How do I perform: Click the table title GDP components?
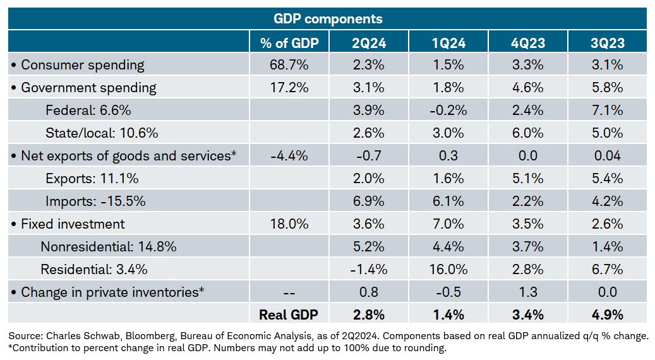(x=328, y=19)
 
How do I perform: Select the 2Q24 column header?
(x=370, y=43)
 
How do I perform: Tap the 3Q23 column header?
(x=608, y=43)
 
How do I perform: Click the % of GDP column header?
(x=285, y=43)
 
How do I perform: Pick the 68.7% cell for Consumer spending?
(x=285, y=65)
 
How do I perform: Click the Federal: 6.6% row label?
(x=88, y=111)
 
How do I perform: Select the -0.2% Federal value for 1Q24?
(x=448, y=111)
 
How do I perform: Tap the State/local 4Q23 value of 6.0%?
(x=528, y=133)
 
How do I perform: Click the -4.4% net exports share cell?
(x=285, y=156)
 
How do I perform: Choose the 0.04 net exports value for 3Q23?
(x=608, y=156)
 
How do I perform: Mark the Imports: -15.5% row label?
(x=95, y=201)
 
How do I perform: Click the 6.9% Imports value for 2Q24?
(x=370, y=201)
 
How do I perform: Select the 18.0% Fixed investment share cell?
(x=285, y=224)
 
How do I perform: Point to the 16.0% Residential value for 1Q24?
(x=448, y=270)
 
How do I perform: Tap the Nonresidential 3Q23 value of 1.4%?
(x=608, y=247)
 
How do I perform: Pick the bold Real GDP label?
(x=289, y=315)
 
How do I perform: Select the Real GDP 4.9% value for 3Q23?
(x=608, y=315)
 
